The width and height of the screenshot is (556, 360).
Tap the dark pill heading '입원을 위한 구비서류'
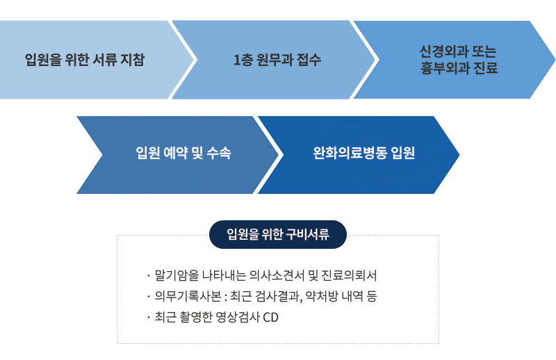tap(278, 234)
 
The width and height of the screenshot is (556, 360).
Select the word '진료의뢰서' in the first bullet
tap(349, 275)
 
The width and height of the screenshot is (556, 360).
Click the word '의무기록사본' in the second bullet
tap(188, 296)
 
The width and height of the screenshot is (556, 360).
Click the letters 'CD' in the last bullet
tap(270, 317)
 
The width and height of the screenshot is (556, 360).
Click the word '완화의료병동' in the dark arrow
tap(350, 153)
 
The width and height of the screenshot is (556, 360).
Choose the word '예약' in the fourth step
tap(176, 153)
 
